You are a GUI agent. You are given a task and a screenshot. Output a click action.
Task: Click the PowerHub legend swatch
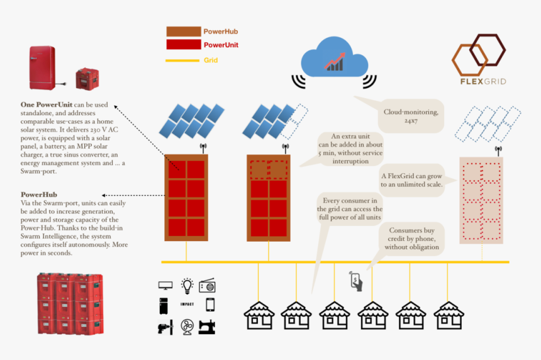point(182,31)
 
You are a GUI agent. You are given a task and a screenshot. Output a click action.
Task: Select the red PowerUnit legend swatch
point(182,45)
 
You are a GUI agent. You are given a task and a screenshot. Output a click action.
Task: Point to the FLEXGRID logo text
point(482,81)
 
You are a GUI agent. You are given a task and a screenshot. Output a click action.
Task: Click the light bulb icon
point(186,286)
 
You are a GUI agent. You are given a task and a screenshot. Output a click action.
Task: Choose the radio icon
point(208,286)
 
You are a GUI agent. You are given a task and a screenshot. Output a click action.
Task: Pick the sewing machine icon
point(208,327)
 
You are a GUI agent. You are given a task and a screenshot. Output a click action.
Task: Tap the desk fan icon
point(187,327)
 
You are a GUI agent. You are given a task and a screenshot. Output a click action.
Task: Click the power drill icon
point(165,327)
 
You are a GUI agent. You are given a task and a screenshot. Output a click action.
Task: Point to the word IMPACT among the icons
point(187,305)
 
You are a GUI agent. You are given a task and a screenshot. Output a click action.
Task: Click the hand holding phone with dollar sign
point(356,281)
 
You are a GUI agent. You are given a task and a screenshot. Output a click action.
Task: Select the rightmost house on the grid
point(449,315)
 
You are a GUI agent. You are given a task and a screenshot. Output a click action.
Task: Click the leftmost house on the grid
point(258,315)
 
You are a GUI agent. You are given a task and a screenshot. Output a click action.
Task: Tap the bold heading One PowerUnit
point(47,103)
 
